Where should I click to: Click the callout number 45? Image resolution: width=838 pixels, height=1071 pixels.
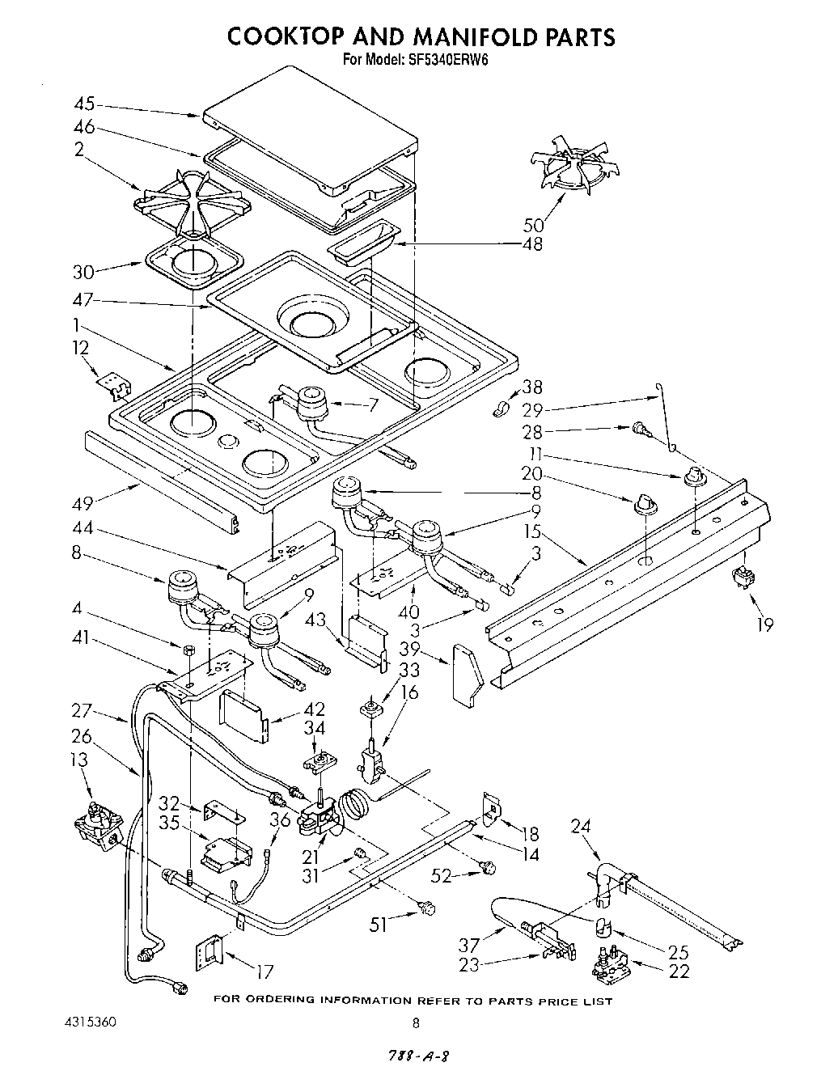pos(84,104)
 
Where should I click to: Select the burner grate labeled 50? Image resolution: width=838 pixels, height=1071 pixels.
pos(578,169)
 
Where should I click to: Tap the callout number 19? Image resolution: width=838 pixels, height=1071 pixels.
pos(764,624)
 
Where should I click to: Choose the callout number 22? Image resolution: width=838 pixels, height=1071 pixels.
pos(679,971)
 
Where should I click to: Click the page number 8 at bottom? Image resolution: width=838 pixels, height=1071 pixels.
pos(416,1022)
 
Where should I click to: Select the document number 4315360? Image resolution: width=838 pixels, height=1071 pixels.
pos(90,1022)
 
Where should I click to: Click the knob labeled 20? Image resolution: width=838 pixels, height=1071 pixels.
pos(645,505)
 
